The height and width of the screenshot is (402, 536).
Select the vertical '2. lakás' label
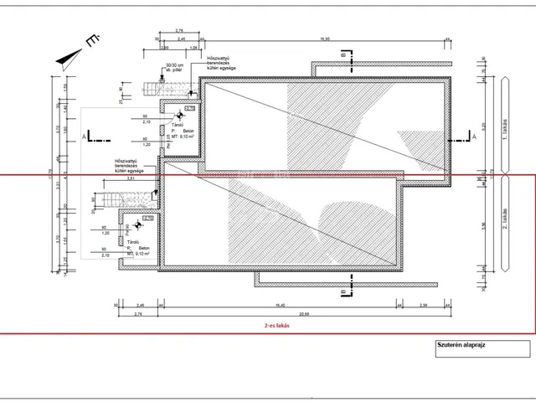tap(503, 220)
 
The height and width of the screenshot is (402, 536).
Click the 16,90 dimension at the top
tap(322, 39)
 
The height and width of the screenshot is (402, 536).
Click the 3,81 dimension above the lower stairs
tap(131, 178)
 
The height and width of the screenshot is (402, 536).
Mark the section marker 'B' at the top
tap(344, 56)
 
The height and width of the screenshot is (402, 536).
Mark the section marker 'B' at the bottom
tap(344, 291)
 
